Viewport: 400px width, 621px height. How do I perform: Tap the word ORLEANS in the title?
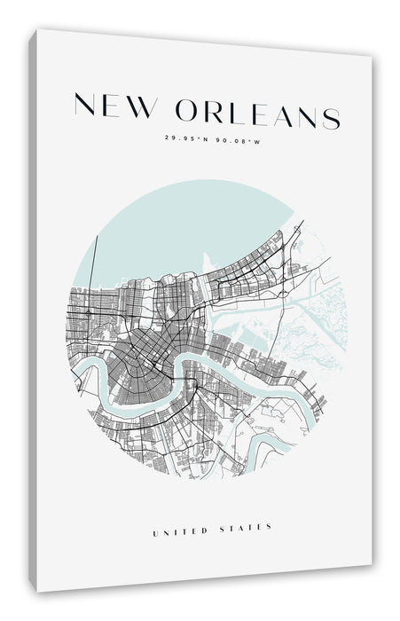tap(258, 113)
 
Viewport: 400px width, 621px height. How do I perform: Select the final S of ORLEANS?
tap(331, 116)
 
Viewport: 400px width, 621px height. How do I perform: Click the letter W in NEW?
tap(143, 109)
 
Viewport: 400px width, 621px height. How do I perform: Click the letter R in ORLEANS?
tap(217, 112)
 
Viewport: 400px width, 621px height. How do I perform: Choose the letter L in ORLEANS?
tap(239, 113)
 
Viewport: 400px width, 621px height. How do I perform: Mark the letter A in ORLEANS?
tap(284, 114)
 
